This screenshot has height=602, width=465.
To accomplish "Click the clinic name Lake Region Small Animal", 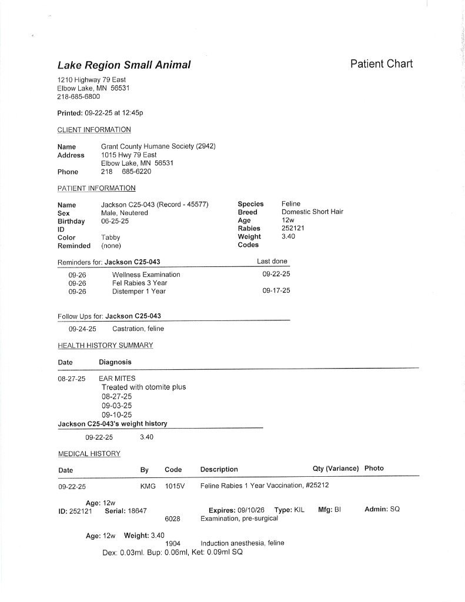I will click(123, 65).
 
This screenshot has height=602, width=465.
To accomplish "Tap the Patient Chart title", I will click(382, 63).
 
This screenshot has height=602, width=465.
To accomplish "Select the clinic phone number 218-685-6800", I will click(78, 96).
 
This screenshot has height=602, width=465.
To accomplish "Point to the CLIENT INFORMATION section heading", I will click(94, 129).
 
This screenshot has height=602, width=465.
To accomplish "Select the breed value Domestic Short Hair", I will click(312, 212).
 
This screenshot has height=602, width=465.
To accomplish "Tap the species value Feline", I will click(291, 203).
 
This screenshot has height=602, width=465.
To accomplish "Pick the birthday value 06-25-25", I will click(115, 221).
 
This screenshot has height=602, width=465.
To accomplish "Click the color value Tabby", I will click(111, 238).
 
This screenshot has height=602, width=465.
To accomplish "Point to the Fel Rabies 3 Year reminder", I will click(140, 283).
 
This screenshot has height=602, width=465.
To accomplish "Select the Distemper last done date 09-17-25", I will click(276, 291).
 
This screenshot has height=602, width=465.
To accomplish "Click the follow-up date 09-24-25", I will click(82, 329).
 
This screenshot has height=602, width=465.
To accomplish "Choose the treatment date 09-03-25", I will click(116, 406).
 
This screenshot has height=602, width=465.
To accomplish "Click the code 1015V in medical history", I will click(175, 487).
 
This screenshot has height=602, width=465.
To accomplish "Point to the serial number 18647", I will click(135, 510).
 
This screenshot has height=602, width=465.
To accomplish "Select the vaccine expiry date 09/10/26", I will click(251, 509).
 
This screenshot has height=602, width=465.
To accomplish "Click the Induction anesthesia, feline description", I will click(242, 543).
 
